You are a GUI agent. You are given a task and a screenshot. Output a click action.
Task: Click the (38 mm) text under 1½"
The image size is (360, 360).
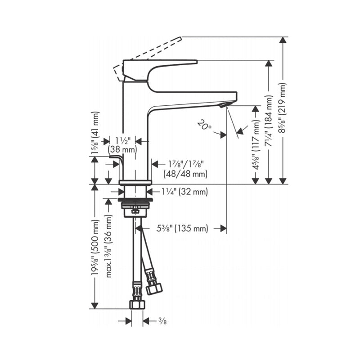[122, 150]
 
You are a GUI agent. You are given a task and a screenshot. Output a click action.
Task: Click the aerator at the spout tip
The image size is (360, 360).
[224, 105]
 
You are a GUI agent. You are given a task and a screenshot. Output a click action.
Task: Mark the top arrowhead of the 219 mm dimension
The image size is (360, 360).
[283, 40]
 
